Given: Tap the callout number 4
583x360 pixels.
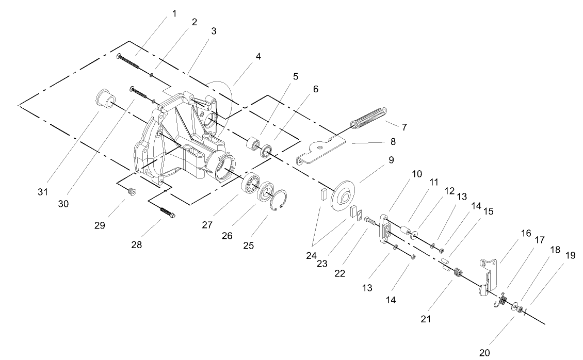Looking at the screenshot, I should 257,56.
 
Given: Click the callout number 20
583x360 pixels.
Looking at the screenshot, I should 483,353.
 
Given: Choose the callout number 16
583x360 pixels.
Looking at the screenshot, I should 525,233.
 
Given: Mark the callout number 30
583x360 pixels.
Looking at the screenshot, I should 63,204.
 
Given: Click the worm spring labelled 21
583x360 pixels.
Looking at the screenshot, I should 457,271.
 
